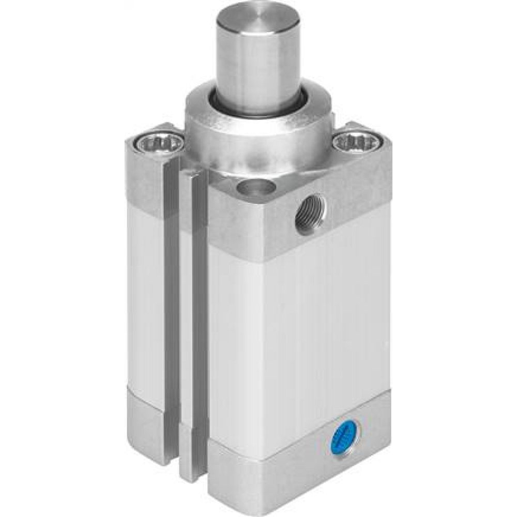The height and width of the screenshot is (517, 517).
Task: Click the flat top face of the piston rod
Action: pyautogui.click(x=257, y=21)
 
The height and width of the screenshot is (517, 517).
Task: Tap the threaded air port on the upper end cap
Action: pyautogui.click(x=310, y=212)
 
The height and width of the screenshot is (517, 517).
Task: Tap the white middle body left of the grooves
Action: pyautogui.click(x=147, y=300)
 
